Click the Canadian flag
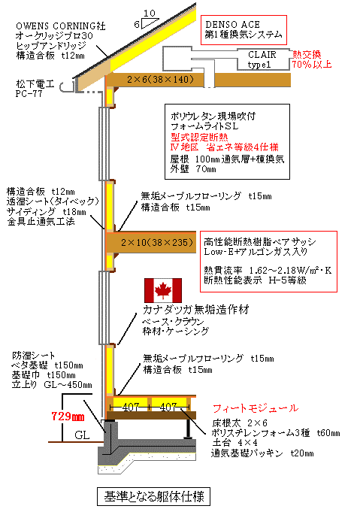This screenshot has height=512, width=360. coord(163,290)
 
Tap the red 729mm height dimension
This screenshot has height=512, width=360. coord(68,417)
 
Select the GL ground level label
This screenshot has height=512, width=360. coord(82,435)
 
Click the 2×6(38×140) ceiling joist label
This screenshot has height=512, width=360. coord(160,80)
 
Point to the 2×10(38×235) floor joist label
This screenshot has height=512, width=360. coord(157,242)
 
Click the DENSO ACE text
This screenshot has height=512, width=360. coord(232,25)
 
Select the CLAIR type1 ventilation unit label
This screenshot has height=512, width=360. coord(262,59)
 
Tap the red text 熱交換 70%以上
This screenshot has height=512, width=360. coord(312,59)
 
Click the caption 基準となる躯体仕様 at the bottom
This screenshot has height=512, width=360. coord(154,497)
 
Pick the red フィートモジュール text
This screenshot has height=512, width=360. coord(256,407)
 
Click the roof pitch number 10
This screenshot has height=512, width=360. coord(150,14)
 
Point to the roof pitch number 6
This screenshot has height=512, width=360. coord(137,25)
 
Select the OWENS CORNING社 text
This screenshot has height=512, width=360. coord(61,26)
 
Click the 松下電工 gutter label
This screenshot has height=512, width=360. coord(35,84)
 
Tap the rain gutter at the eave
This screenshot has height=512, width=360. coord(68,86)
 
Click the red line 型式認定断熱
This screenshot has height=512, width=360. coord(199,137)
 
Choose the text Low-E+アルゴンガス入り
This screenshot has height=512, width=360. coord(256,251)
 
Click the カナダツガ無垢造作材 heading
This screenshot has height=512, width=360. coord(196,309)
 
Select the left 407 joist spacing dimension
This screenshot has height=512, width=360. coord(131,407)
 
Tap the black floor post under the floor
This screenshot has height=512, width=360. coord(188,429)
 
